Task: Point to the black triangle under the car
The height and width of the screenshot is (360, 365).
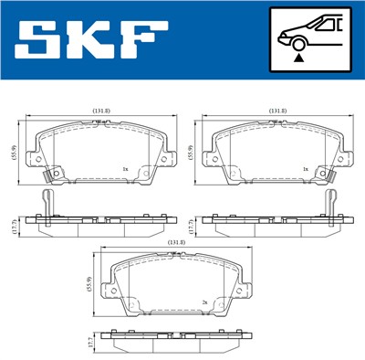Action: [x=298, y=58]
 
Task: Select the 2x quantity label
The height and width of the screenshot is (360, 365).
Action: [x=205, y=302]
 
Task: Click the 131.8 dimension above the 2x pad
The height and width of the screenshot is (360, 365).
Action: [x=177, y=242]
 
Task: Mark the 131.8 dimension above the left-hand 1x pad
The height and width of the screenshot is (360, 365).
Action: [x=101, y=112]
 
